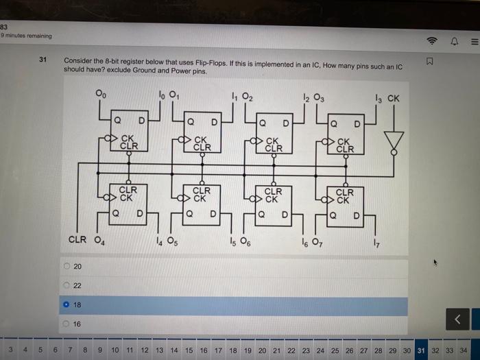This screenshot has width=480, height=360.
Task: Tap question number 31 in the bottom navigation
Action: tap(421, 350)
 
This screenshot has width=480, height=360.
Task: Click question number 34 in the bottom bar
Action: tap(464, 350)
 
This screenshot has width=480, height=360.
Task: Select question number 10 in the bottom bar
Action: tap(115, 350)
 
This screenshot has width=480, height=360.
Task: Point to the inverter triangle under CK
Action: tap(394, 141)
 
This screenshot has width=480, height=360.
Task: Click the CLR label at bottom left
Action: tap(77, 240)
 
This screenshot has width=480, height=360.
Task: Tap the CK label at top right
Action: tap(393, 98)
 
